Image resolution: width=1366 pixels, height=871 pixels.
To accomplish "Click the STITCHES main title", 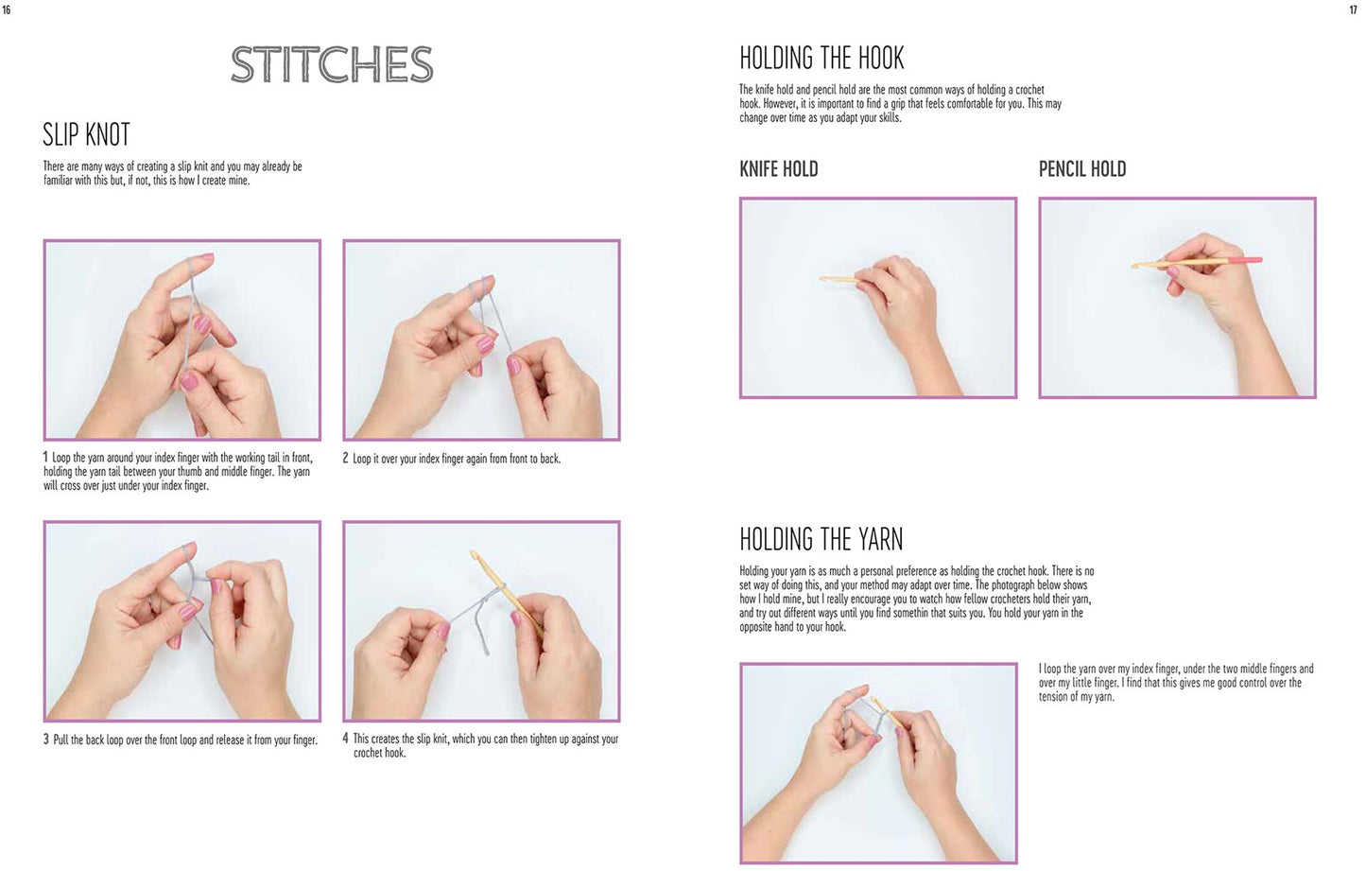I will [x=332, y=65].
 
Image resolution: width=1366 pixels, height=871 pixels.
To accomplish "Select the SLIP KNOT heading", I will [x=86, y=135].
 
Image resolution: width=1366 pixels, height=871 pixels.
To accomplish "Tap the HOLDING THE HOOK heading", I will [x=821, y=59].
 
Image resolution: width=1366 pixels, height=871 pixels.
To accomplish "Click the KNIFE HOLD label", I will [x=778, y=169].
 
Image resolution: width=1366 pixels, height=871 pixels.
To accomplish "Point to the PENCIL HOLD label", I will [x=1081, y=169].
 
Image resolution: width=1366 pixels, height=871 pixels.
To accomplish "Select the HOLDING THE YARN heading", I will [x=821, y=540].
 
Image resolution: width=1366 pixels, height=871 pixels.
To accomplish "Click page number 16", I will [x=7, y=9].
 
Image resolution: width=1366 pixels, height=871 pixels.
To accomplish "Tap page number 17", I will [x=1353, y=9].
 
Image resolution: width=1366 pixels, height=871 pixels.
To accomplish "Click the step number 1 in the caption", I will [x=45, y=458].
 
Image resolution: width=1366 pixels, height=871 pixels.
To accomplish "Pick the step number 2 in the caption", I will [x=346, y=459].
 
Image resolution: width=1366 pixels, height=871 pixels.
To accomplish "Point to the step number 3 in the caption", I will [x=45, y=740].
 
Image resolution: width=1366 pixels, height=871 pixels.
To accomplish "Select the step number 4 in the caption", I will [x=346, y=739].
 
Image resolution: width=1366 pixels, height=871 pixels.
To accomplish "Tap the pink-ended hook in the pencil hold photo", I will [x=1201, y=261].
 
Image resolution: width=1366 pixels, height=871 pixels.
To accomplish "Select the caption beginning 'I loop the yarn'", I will [x=1175, y=683].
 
